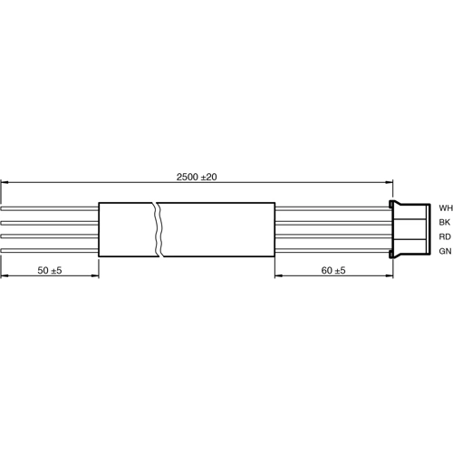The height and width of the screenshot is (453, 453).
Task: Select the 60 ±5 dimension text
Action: click(x=333, y=270)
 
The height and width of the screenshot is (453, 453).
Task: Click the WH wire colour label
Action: click(x=444, y=207)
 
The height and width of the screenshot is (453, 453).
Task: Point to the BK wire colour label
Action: click(x=444, y=222)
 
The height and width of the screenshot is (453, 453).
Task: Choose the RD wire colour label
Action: click(x=444, y=236)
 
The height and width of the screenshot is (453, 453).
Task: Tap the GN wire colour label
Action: click(x=444, y=251)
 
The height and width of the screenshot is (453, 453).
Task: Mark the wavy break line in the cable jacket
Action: click(x=159, y=229)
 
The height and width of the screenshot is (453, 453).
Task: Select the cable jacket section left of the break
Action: click(x=127, y=229)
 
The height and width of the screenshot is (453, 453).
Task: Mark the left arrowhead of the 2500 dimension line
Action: click(x=4, y=182)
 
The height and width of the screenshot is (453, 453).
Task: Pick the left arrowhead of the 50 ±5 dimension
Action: click(x=4, y=277)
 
